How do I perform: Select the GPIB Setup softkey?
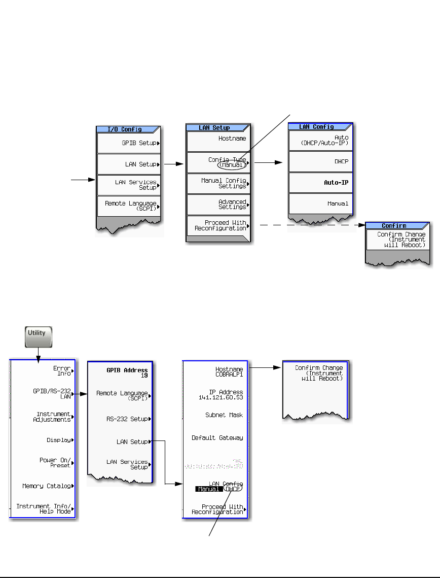(129, 143)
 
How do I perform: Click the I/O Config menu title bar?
(129, 129)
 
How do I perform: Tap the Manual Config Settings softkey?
(218, 183)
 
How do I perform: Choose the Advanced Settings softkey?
(218, 205)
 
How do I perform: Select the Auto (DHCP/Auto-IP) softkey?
(320, 140)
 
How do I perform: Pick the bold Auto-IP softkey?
(320, 182)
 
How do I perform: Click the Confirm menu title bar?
(397, 225)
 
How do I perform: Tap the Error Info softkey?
(43, 371)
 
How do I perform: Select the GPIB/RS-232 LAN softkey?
(43, 394)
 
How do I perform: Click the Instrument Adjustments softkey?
(43, 417)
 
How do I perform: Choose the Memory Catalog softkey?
(43, 486)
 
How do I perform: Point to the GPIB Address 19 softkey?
(121, 373)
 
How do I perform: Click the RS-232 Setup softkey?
(121, 419)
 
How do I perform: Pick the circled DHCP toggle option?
(233, 489)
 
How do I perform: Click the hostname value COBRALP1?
(226, 375)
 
